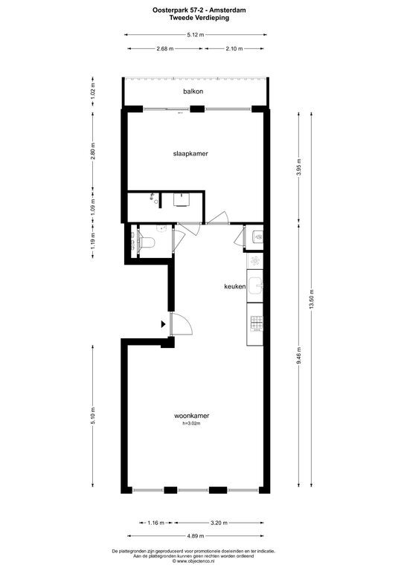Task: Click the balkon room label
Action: coord(193,91)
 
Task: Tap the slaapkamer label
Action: coord(190,154)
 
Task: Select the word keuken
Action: coord(235,286)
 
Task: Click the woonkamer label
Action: coord(192,416)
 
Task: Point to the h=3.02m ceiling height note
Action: coord(192,424)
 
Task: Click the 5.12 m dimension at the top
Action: coord(196,35)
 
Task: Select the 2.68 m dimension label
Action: coord(165,48)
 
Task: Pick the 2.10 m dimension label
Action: coord(234,48)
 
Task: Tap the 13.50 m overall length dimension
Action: coord(312,300)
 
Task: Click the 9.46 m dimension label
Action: coord(298,356)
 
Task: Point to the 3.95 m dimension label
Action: coord(298,167)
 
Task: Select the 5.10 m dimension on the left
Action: coord(93,416)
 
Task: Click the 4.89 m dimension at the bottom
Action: coord(196,536)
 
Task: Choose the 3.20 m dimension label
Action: coord(219,523)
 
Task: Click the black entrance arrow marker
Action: coord(163,324)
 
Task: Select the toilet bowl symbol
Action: coord(148,242)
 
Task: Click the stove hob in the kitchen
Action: coord(257,323)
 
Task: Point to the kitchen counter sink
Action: coord(257,285)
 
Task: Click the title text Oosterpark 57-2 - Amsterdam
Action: coord(199,10)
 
